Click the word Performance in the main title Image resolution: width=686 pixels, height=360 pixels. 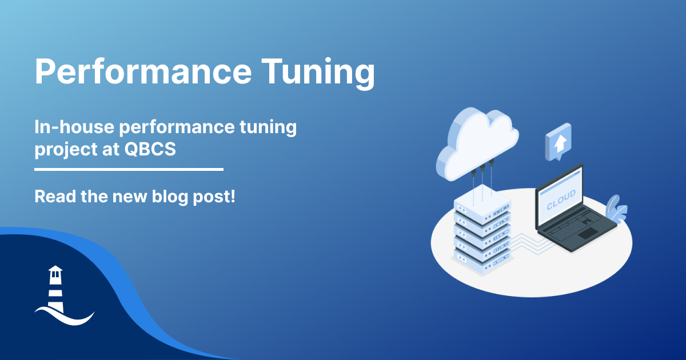point(143,71)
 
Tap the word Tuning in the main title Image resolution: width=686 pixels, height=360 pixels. point(318,74)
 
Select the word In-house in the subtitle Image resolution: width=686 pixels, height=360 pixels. point(74,126)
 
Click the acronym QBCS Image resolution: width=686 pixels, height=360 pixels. point(150,149)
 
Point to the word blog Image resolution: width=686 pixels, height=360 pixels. point(170,197)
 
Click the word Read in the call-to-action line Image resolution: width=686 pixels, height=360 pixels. point(55,196)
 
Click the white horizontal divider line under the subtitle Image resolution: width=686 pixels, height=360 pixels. point(129,169)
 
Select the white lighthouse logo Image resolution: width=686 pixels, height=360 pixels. point(64,295)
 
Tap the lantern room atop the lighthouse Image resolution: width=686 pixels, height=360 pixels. point(55,273)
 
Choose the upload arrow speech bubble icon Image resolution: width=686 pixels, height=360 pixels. point(559,142)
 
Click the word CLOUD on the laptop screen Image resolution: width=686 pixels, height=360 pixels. point(561,200)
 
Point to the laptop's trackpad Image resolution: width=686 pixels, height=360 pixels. point(588,233)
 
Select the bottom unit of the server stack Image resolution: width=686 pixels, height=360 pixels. point(482,261)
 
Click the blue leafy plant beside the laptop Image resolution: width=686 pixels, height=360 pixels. point(616,209)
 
